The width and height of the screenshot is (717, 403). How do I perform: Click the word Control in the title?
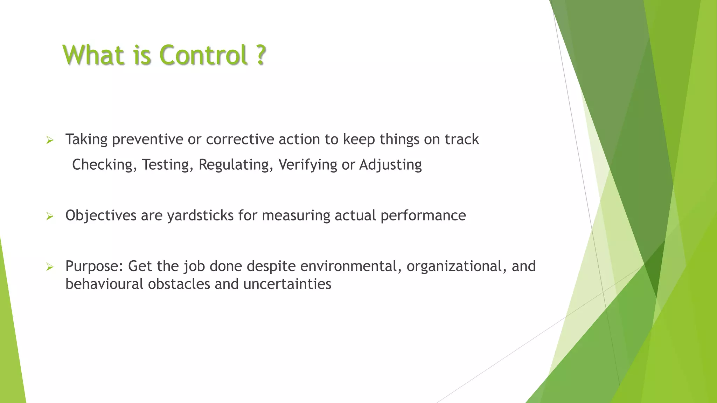click(203, 55)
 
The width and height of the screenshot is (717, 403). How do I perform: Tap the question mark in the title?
click(260, 55)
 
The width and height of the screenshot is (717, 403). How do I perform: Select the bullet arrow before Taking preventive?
click(50, 141)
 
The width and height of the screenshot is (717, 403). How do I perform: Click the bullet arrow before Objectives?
click(50, 217)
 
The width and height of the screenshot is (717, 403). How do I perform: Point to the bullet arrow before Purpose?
click(50, 268)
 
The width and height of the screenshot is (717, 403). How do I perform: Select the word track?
click(461, 140)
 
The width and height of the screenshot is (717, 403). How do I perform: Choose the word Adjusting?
click(390, 165)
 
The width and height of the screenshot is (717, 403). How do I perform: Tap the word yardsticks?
click(200, 215)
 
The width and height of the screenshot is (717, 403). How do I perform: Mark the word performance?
click(423, 215)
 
